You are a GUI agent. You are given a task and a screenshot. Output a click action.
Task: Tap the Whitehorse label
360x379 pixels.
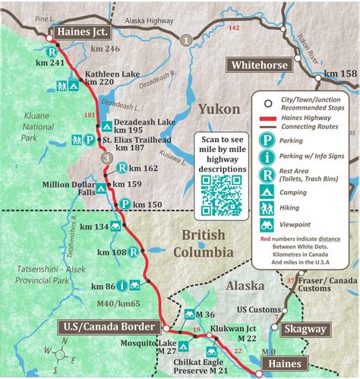259,65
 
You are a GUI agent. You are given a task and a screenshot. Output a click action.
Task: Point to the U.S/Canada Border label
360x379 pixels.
110,327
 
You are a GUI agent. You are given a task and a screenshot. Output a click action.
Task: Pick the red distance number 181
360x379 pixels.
89,115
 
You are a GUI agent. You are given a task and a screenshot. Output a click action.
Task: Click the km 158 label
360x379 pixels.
339,74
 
